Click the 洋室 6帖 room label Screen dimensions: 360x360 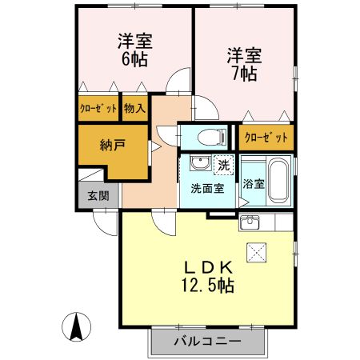tap(135, 49)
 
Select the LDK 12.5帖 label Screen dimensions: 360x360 tap(209, 274)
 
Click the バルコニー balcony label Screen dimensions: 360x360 tap(207, 342)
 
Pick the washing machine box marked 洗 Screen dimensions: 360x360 tap(224, 166)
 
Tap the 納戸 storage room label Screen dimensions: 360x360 tap(112, 146)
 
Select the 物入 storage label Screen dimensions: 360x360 tap(134, 108)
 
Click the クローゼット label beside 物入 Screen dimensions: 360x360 tap(98, 108)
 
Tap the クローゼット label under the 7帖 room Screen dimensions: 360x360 tap(266, 137)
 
